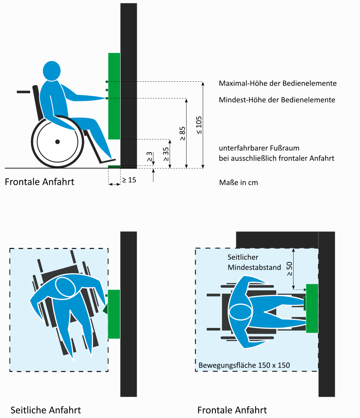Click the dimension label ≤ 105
[x=199, y=125]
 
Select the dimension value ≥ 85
[x=183, y=133]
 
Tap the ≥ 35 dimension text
[x=166, y=154]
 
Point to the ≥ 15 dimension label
[x=129, y=180]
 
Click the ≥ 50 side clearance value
[x=289, y=269]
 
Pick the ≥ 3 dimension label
[x=149, y=157]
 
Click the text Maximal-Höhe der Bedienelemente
[x=278, y=84]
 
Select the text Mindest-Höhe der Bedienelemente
[x=277, y=100]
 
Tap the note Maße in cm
[x=239, y=183]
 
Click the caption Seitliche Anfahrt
[x=45, y=410]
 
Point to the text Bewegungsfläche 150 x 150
[x=244, y=365]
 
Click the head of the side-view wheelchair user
[x=52, y=71]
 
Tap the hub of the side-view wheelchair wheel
[x=58, y=142]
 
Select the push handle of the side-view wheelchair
[x=24, y=92]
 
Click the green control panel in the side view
[x=114, y=96]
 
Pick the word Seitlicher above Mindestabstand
[x=243, y=257]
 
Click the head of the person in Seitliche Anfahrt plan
[x=65, y=287]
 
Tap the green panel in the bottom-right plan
[x=312, y=308]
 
